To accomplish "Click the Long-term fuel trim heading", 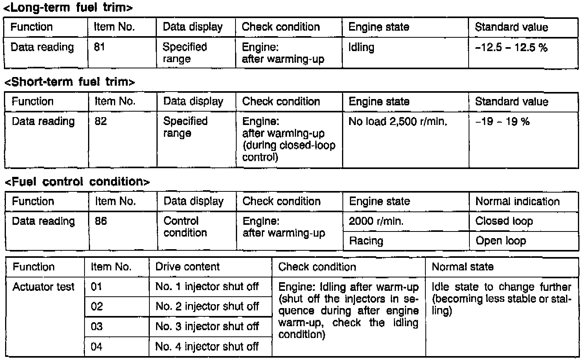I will [x=68, y=7].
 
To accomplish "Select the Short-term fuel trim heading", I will [x=70, y=82].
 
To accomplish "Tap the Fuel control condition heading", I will [x=77, y=182].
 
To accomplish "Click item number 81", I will [x=99, y=48].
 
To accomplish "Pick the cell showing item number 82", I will [x=101, y=121].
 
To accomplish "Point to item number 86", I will [x=101, y=221].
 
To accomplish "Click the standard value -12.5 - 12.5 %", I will [x=511, y=48].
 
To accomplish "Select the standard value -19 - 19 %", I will [x=502, y=121].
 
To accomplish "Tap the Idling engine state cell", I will [x=361, y=48].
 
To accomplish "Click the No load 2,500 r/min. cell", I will [x=397, y=121].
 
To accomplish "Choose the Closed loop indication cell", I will [x=504, y=221].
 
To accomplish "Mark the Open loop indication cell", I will [x=500, y=241].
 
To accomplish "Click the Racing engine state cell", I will [x=366, y=241].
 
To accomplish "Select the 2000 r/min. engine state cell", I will [x=376, y=221].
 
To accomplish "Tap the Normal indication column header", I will [x=517, y=202].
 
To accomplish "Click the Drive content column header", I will [x=188, y=267].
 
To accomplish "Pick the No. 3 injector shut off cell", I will [x=207, y=326].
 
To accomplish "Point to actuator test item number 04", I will [x=97, y=347].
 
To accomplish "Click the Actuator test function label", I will [x=43, y=287].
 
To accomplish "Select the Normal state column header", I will [x=462, y=267].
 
